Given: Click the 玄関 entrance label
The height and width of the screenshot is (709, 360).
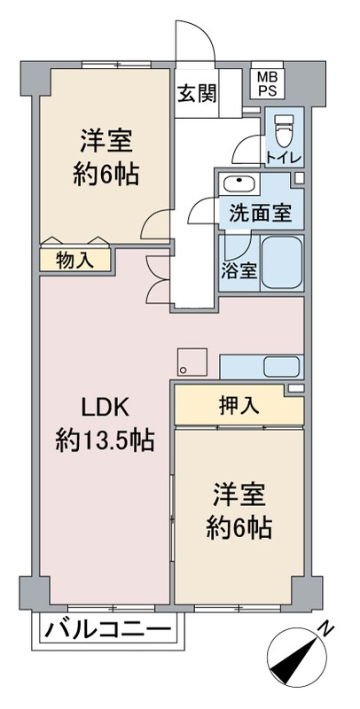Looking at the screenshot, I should click(196, 93).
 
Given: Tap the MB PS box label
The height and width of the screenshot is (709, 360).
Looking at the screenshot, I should click(266, 85).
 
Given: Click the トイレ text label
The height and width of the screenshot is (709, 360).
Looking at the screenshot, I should click(284, 158).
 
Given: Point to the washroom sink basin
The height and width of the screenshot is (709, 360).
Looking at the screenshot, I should click(239, 184).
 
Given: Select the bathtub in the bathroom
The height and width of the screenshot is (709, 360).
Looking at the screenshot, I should click(283, 262).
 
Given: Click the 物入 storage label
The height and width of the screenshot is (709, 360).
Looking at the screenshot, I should click(74, 260).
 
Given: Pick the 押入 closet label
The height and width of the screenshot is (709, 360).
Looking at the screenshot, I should click(239, 406).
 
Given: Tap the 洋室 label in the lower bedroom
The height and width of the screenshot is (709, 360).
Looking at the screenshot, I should click(239, 493).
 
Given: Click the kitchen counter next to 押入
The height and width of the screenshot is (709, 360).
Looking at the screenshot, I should click(262, 366).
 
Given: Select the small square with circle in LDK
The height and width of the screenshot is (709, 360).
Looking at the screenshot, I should click(191, 362).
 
